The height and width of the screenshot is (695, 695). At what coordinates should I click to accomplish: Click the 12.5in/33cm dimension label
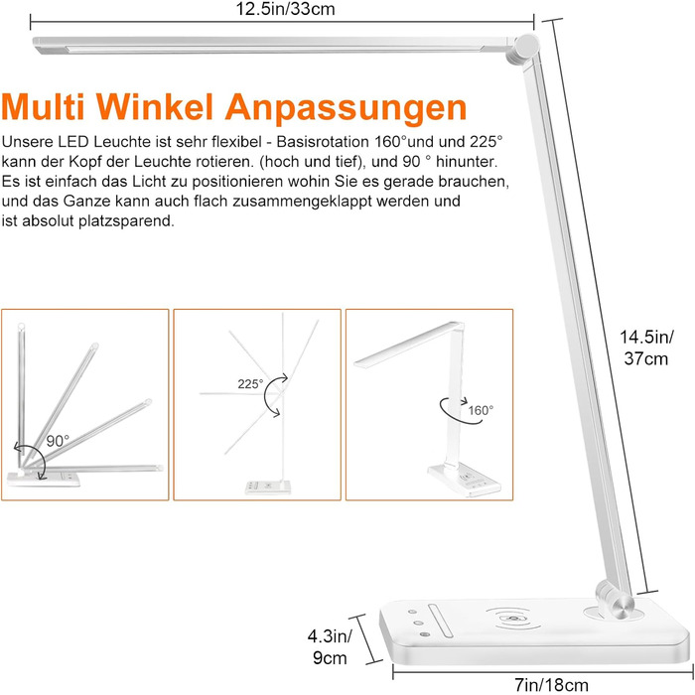point(285,9)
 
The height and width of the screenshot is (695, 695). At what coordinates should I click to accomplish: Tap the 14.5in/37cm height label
point(646,347)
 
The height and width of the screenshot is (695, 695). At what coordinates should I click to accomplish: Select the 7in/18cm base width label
point(551,685)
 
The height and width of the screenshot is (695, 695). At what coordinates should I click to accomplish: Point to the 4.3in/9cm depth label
point(330,646)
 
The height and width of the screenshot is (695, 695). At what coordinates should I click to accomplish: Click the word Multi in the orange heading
point(43,107)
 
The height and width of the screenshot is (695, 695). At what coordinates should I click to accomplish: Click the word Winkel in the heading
point(155,107)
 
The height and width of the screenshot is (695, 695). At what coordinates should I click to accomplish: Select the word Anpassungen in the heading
point(346,108)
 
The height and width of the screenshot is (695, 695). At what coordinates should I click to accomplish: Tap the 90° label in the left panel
point(58,441)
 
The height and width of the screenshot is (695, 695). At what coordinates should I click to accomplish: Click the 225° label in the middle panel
point(250,384)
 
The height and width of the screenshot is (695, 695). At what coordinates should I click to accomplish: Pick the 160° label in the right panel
point(481,410)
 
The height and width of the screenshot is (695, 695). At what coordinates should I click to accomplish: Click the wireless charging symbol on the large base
point(514,619)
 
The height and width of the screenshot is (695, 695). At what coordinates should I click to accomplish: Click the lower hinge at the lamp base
point(615,600)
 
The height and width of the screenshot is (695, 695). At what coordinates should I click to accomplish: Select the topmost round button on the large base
point(412,612)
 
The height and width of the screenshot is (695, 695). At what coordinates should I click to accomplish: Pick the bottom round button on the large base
point(425,634)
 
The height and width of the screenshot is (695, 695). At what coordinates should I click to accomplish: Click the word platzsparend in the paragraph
point(126,220)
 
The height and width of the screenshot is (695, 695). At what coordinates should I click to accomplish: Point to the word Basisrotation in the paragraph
point(323,142)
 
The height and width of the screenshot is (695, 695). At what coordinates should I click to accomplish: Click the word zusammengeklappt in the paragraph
point(302,202)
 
